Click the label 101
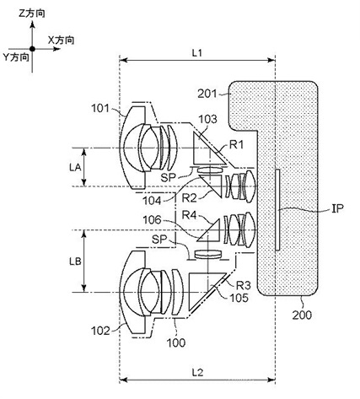tap(100, 108)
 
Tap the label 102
tap(100, 331)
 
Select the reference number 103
tap(208, 119)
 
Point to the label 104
tap(152, 201)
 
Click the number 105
tap(239, 298)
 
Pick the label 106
tap(152, 220)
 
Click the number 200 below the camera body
tap(302, 315)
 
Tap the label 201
tap(207, 94)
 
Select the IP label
tap(337, 208)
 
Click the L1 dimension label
tap(197, 53)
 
